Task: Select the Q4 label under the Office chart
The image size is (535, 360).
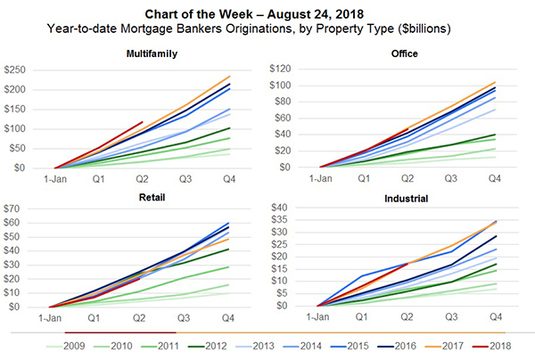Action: point(495,178)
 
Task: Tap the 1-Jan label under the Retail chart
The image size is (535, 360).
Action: point(55,317)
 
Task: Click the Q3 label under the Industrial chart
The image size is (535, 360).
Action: point(451,317)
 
